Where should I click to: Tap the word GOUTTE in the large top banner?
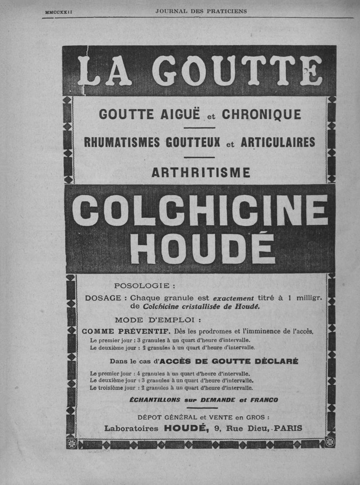[237, 71]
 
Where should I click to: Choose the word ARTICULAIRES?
[278, 142]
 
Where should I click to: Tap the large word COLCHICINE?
[200, 210]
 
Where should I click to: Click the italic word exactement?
[234, 298]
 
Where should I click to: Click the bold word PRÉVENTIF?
[148, 331]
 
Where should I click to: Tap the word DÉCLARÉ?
[274, 361]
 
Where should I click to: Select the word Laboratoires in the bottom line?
[131, 428]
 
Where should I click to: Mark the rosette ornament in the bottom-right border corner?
[330, 443]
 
